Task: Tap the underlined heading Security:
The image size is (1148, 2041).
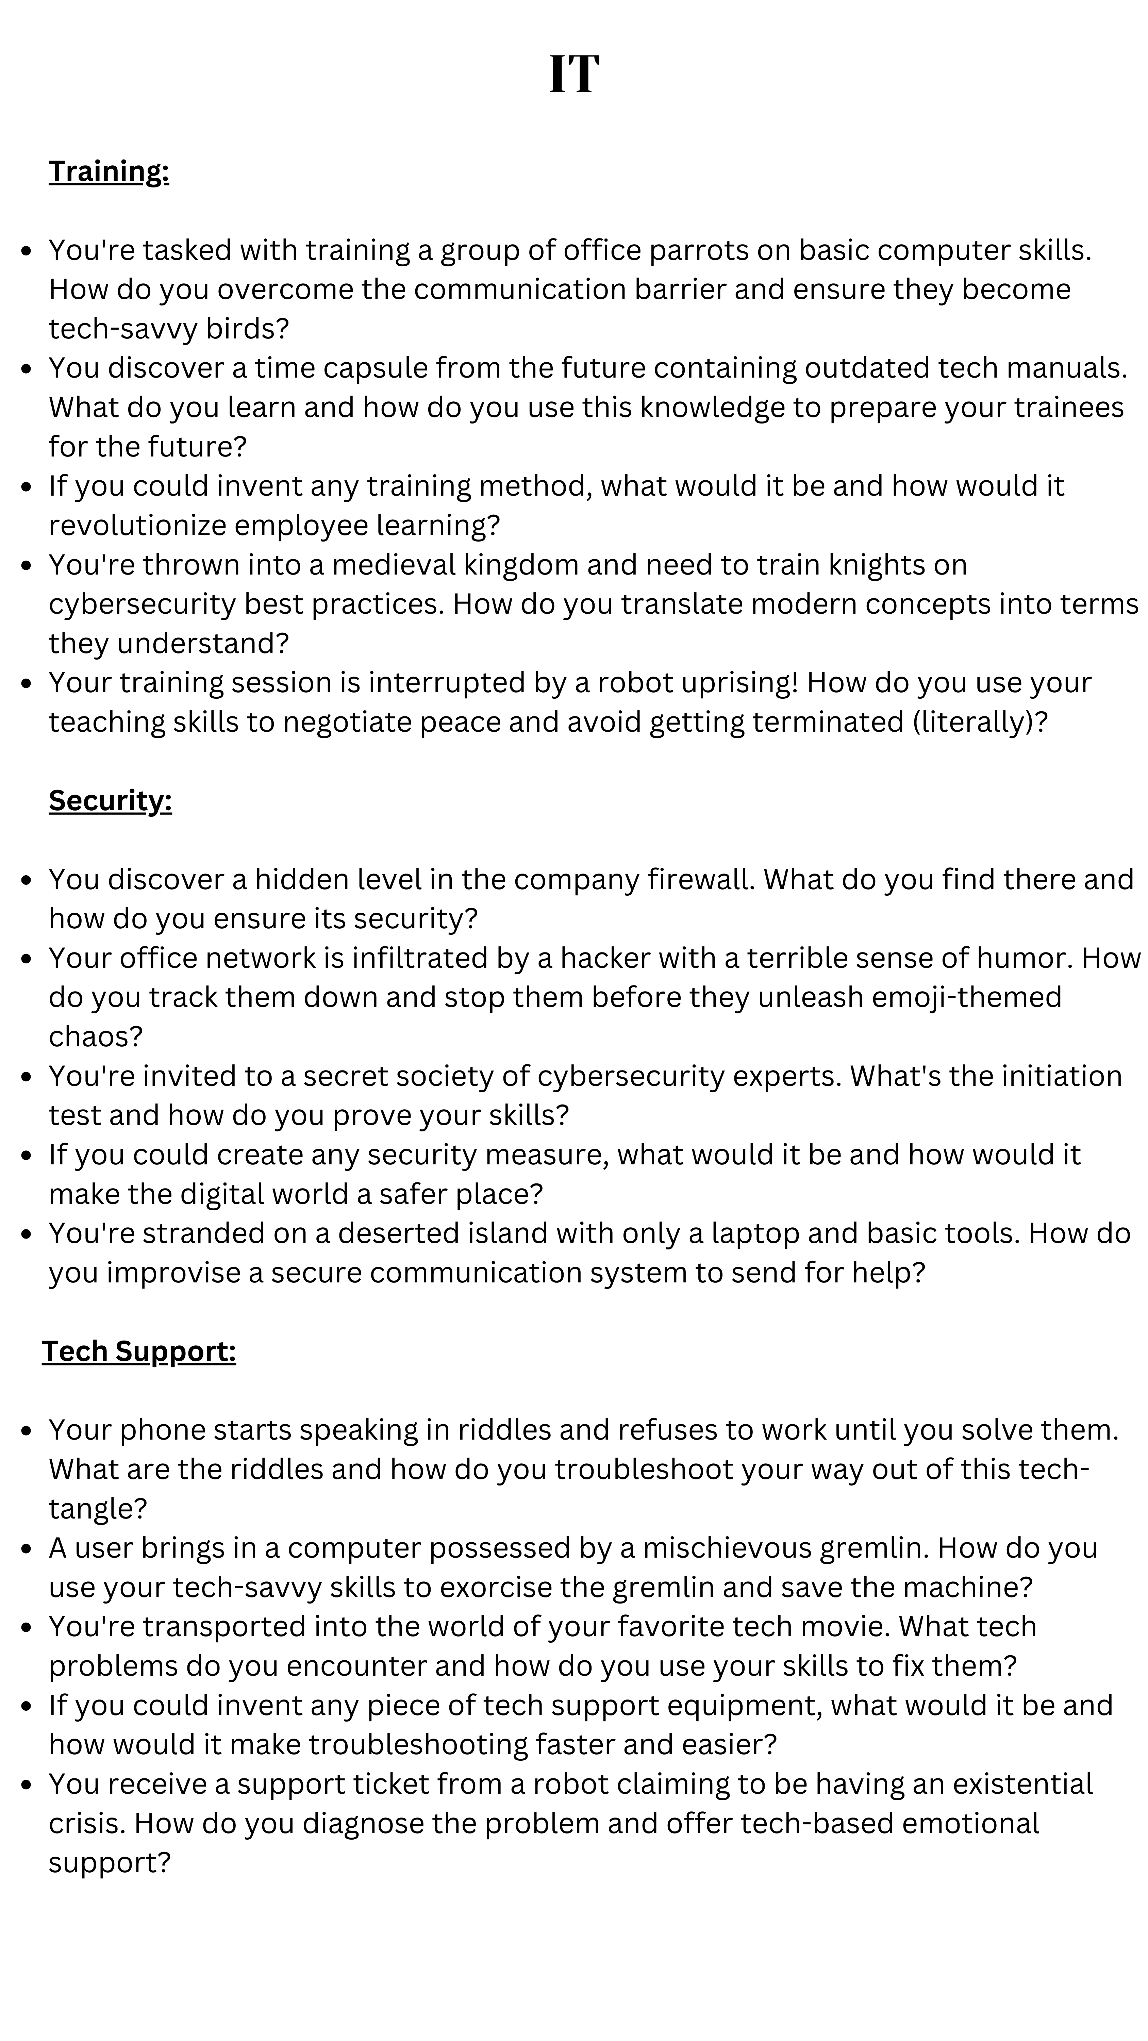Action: (110, 800)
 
